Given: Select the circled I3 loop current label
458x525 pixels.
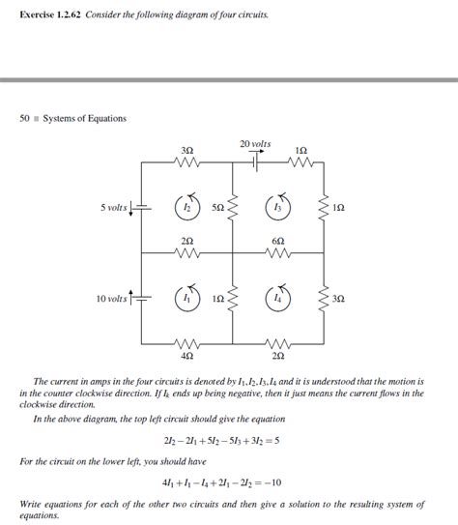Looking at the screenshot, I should click(279, 207).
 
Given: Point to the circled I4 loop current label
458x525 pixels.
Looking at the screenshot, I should click(279, 299).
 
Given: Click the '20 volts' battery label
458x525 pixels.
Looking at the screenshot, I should click(255, 144).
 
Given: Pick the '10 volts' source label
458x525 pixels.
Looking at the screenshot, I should click(111, 299).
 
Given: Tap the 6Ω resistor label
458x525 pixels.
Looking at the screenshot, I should click(279, 240).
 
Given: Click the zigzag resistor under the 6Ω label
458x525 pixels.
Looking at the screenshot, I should click(279, 253).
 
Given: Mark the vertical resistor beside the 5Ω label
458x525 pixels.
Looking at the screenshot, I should click(233, 208).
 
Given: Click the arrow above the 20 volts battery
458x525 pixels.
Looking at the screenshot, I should click(256, 153).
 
